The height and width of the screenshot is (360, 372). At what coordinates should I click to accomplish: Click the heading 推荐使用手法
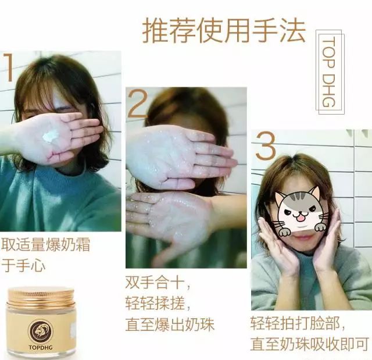224,31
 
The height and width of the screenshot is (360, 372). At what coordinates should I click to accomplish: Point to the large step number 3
264,148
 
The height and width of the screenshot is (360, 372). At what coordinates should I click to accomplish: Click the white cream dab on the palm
51,136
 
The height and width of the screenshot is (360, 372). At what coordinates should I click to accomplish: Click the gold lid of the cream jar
41,297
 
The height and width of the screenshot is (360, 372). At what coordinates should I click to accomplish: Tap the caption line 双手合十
158,283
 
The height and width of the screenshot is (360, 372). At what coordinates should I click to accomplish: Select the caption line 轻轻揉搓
158,304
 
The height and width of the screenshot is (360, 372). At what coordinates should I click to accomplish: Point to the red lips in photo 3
302,237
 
